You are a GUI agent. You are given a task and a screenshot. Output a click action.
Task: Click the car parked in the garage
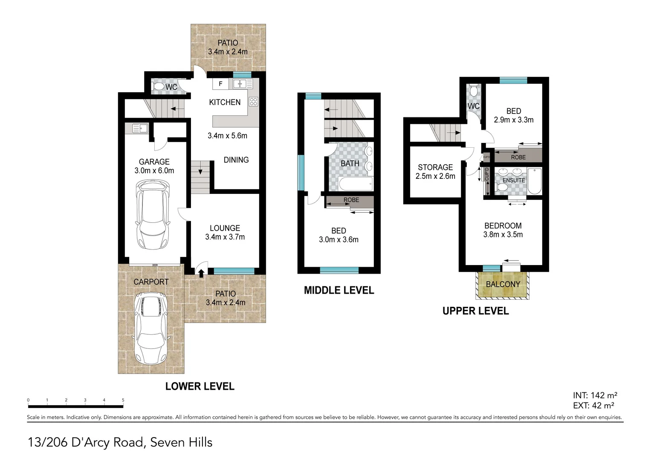(x=153, y=215)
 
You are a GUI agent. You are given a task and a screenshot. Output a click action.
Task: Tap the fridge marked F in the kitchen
(x=220, y=84)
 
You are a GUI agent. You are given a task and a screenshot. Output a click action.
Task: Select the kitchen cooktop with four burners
(x=253, y=102)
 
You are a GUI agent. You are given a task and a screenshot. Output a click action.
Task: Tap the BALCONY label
(x=503, y=284)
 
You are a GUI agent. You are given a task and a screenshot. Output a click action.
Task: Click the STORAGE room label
(x=435, y=167)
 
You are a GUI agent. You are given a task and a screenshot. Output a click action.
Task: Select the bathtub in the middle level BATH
(x=356, y=184)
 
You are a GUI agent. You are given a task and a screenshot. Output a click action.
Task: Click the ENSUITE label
(x=514, y=180)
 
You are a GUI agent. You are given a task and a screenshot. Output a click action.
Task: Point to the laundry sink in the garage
(x=140, y=128)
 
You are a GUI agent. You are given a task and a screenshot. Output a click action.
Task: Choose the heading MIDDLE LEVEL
(x=339, y=291)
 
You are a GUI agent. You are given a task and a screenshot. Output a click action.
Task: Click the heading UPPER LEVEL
(x=475, y=311)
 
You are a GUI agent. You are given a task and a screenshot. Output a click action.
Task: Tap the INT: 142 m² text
(x=595, y=396)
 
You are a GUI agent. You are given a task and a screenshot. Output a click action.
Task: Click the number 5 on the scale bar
(x=123, y=400)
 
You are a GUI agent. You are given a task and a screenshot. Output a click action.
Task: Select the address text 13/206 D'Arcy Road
(x=85, y=443)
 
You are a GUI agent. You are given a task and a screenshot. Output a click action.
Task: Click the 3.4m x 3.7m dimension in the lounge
(x=225, y=237)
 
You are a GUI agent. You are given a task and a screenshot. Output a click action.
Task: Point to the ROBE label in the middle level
(x=351, y=200)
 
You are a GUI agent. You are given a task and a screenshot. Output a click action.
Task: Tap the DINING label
(x=236, y=160)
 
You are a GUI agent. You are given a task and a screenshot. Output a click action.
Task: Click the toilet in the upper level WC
(x=474, y=91)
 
